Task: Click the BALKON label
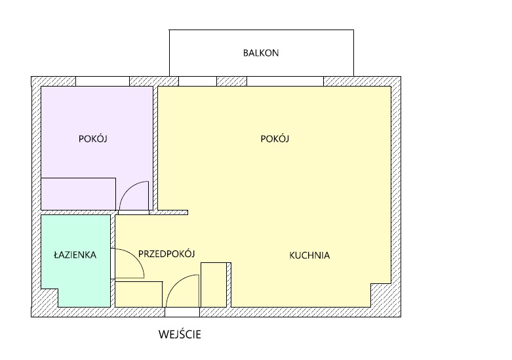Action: [261, 53]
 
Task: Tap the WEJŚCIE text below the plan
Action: [180, 334]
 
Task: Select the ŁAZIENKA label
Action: [75, 254]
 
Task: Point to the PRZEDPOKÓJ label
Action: [167, 254]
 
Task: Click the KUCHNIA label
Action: [309, 255]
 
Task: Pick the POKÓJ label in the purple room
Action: [92, 138]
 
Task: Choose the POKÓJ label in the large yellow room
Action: [275, 138]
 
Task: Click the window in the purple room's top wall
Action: [102, 81]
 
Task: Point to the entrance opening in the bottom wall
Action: [182, 312]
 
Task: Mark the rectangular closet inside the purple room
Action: [79, 194]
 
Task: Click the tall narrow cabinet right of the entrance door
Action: [214, 285]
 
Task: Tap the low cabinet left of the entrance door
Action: [139, 294]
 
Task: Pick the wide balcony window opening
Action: [285, 81]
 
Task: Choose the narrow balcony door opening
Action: [197, 81]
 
